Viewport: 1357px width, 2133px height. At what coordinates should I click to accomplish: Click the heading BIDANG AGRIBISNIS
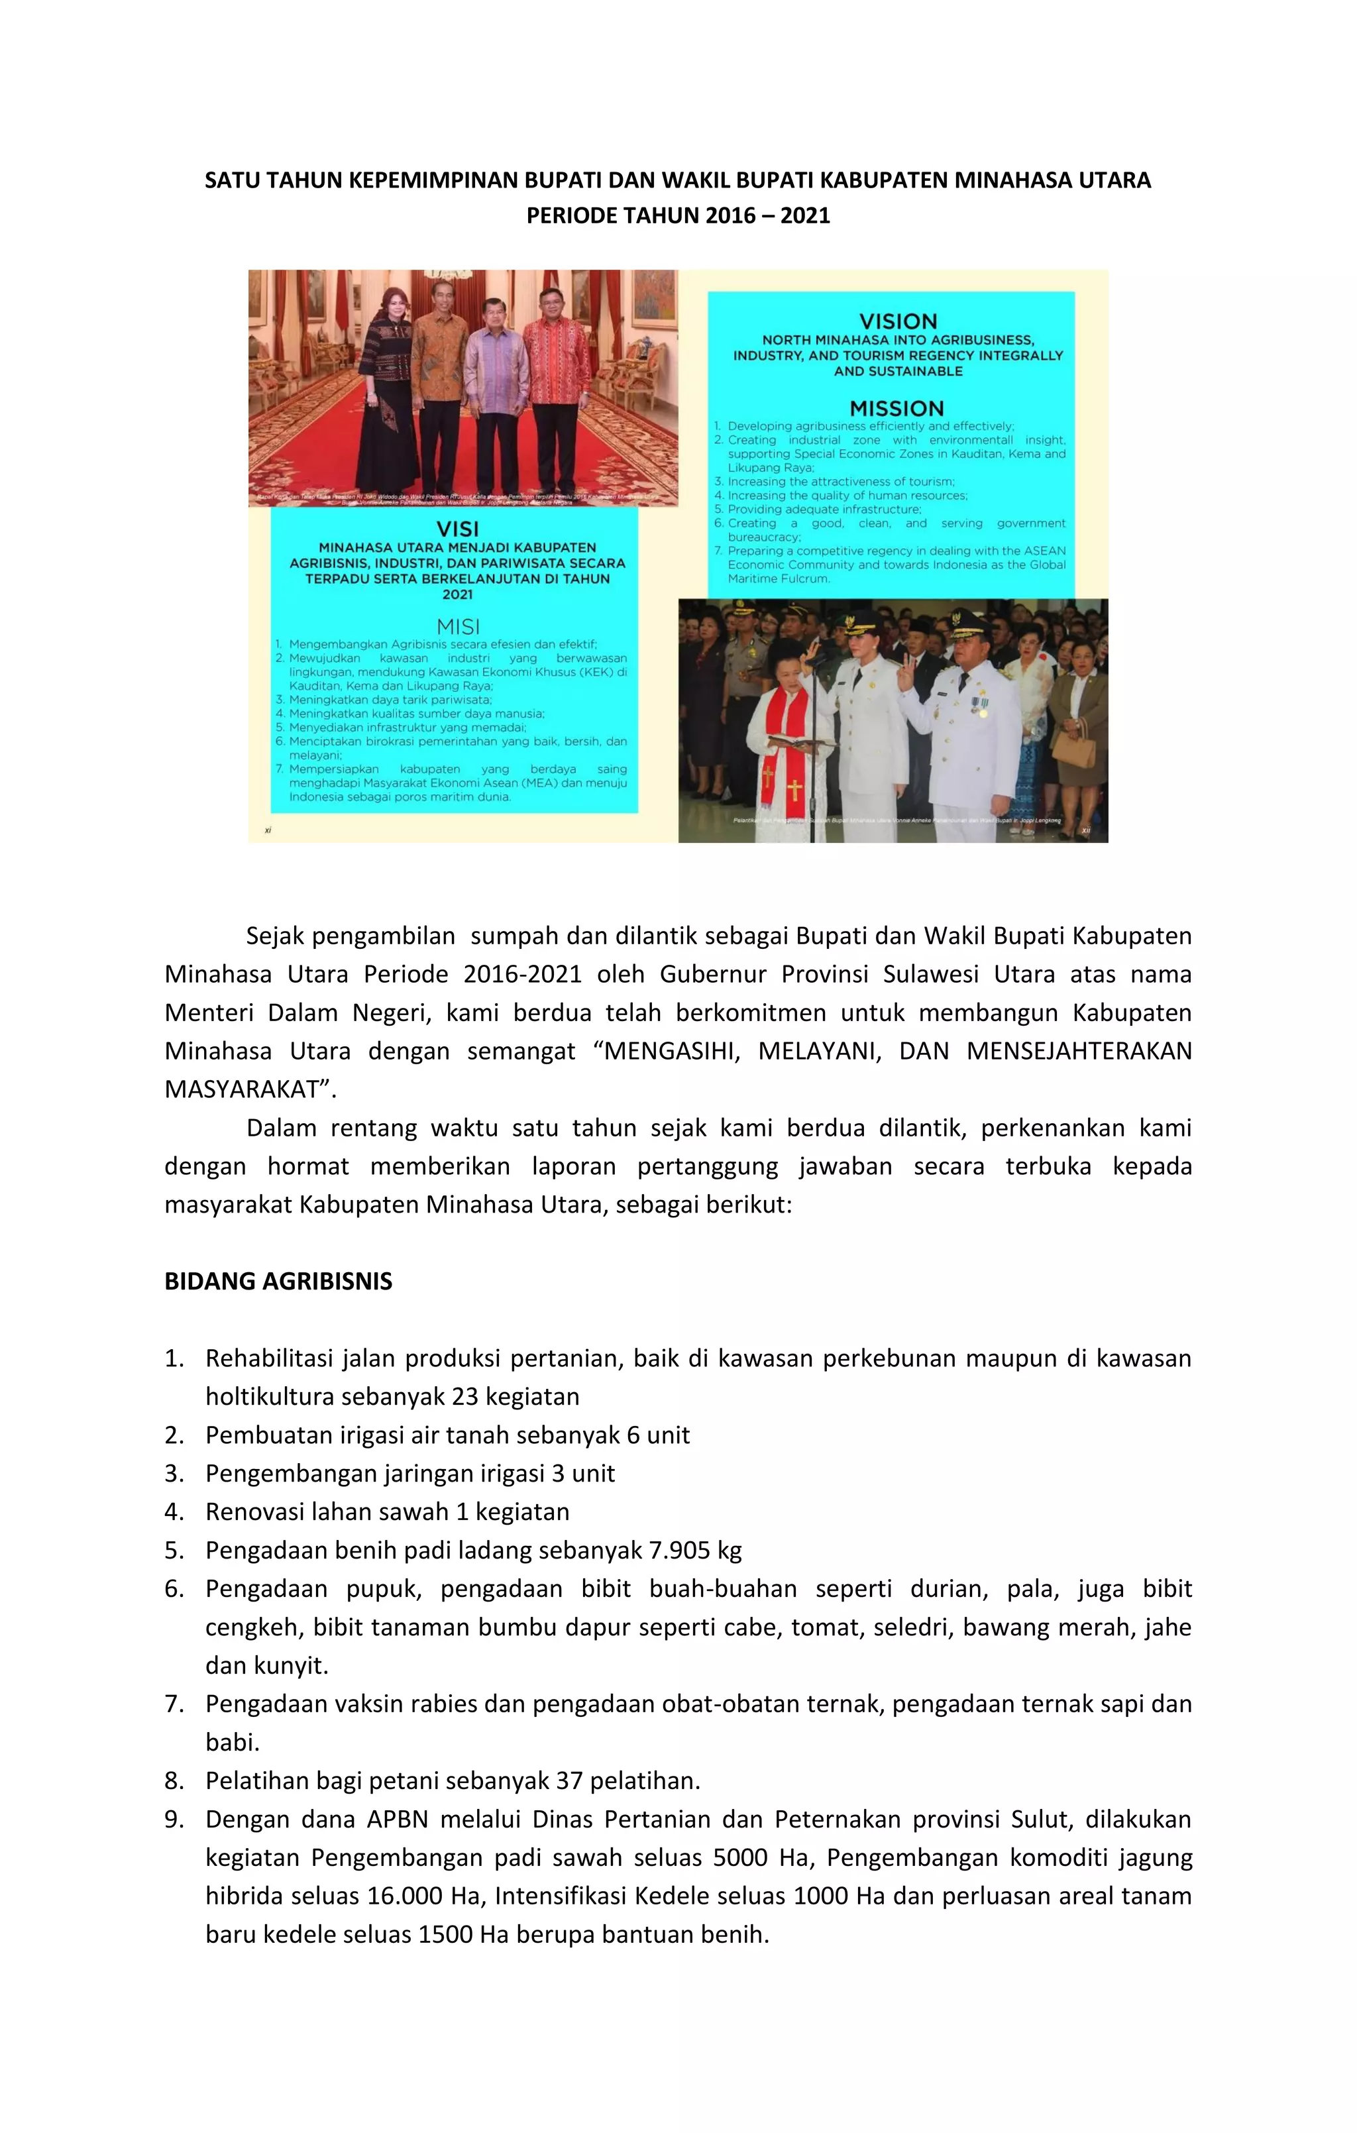point(278,1282)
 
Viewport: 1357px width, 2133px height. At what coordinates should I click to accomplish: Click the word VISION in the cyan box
point(897,321)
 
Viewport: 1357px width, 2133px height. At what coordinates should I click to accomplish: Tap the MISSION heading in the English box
point(896,408)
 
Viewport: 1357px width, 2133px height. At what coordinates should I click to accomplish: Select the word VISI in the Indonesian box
point(457,529)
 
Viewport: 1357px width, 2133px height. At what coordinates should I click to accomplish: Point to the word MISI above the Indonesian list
point(457,626)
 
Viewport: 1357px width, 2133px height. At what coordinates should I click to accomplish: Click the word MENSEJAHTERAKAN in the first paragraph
point(1078,1052)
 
